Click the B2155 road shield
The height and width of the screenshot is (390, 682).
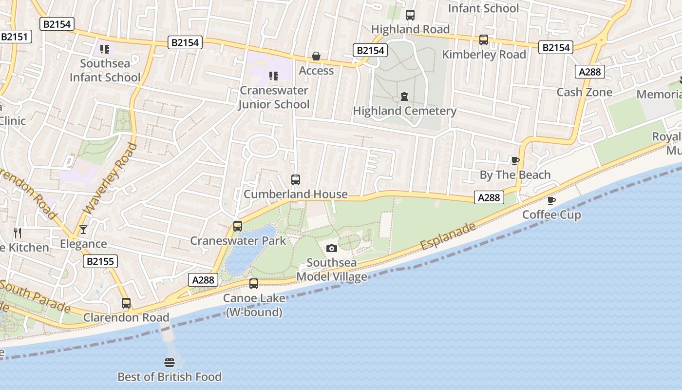[x=100, y=261]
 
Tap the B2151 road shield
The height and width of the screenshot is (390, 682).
[x=16, y=37]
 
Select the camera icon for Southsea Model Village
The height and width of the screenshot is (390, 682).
[x=331, y=249]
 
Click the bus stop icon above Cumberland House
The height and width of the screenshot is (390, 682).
[x=295, y=180]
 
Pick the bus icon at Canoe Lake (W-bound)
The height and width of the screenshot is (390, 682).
[x=253, y=284]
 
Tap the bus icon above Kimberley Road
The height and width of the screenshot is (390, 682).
[x=483, y=40]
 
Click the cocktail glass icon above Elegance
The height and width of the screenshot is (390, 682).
[x=83, y=229]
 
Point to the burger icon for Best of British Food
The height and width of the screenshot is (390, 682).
[x=170, y=363]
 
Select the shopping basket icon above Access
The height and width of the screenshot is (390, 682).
[x=316, y=57]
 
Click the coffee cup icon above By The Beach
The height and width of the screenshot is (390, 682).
[x=515, y=160]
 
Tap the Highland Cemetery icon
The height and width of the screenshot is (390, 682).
[x=404, y=97]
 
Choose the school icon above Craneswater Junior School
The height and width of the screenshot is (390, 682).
[x=274, y=76]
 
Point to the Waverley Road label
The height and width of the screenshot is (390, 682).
[x=110, y=178]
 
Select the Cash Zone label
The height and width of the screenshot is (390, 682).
[x=584, y=92]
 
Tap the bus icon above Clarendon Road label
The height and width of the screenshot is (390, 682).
[x=126, y=303]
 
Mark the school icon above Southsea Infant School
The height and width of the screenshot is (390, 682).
[x=105, y=49]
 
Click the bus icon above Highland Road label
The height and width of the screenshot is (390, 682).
[x=410, y=15]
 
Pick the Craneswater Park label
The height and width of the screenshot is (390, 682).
[x=238, y=241]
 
